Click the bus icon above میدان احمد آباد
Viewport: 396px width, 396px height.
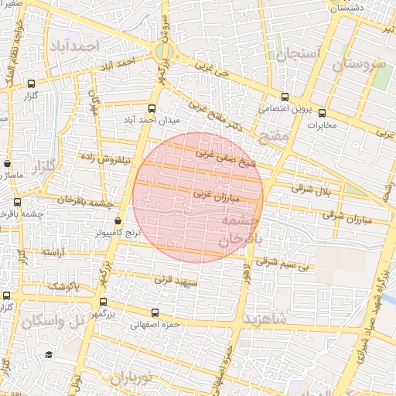pos(152,109)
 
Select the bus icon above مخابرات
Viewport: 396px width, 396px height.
pos(323,113)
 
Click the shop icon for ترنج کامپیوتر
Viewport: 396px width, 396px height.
pos(118,221)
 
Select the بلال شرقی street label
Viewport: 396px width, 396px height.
pos(313,188)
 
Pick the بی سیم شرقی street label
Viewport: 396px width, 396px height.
pos(284,266)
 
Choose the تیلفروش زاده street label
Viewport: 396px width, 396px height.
pos(108,158)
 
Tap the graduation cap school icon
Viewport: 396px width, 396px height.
pos(48,354)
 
